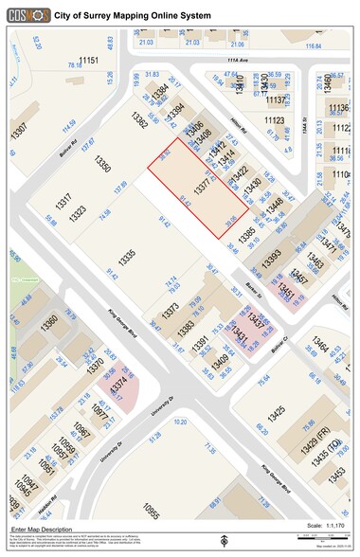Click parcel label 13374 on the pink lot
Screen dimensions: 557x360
point(117,386)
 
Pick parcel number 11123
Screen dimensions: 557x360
point(274,120)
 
